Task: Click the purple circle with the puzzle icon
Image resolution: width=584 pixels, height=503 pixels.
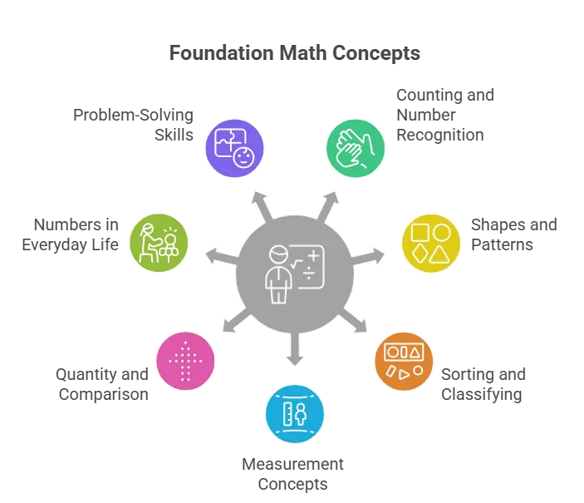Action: [x=233, y=148]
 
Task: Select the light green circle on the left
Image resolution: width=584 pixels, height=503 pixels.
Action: [x=159, y=242]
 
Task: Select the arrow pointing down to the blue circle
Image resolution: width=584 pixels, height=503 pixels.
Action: [x=292, y=353]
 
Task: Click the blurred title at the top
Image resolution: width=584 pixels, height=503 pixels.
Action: [x=294, y=52]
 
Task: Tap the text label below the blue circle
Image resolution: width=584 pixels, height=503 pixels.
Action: [x=292, y=472]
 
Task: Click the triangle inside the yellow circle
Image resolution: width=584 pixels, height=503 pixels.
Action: [x=442, y=252]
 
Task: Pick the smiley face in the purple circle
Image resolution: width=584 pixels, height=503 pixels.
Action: [x=243, y=158]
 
